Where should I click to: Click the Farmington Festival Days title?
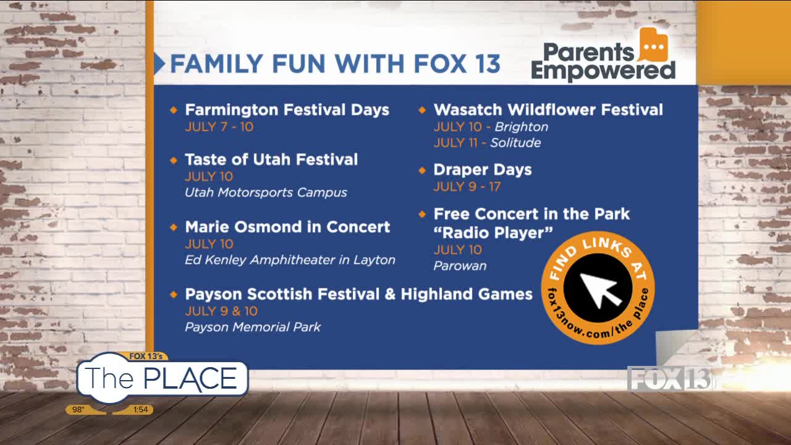click(287, 110)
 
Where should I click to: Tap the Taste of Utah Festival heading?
click(271, 159)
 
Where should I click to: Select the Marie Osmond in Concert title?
click(287, 227)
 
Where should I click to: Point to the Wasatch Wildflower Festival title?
click(548, 110)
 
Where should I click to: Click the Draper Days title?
click(483, 170)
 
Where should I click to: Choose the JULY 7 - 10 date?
click(219, 127)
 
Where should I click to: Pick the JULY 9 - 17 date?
click(467, 187)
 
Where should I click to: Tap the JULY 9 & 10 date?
click(221, 311)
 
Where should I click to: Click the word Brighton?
click(521, 127)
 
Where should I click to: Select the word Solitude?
click(515, 143)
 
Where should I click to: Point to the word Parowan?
click(460, 266)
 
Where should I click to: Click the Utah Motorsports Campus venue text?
click(266, 192)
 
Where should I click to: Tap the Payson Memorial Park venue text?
click(253, 327)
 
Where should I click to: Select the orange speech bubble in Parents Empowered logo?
click(653, 45)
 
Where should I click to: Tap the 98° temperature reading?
click(78, 410)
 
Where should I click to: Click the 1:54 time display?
click(140, 410)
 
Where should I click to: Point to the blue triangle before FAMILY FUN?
click(159, 64)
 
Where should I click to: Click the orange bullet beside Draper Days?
click(422, 171)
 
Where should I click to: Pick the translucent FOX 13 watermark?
click(669, 379)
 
